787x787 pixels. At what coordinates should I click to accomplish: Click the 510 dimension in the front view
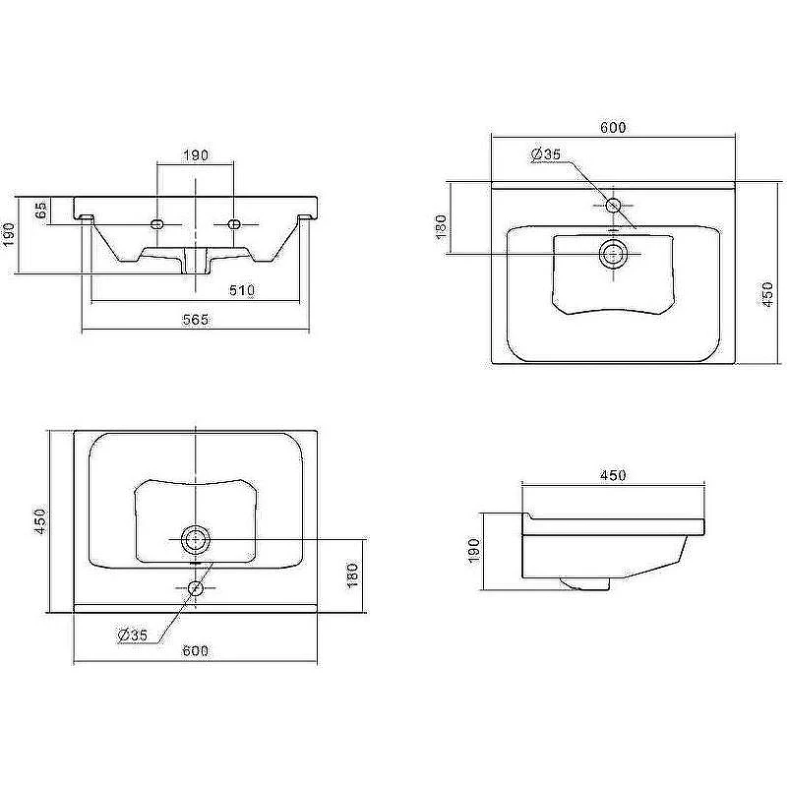click(242, 290)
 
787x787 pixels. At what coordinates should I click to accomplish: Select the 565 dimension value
click(195, 319)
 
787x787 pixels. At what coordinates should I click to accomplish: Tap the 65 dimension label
click(41, 210)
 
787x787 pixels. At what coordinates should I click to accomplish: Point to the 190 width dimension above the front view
click(195, 155)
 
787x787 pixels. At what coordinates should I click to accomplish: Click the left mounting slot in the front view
click(157, 224)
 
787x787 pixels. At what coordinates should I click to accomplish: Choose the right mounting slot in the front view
click(234, 224)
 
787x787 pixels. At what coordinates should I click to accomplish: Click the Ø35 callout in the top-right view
click(546, 153)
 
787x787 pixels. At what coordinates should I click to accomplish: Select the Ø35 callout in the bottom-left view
click(133, 635)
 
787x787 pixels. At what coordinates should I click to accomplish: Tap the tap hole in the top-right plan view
click(613, 205)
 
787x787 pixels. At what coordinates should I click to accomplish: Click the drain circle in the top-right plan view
click(613, 254)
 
